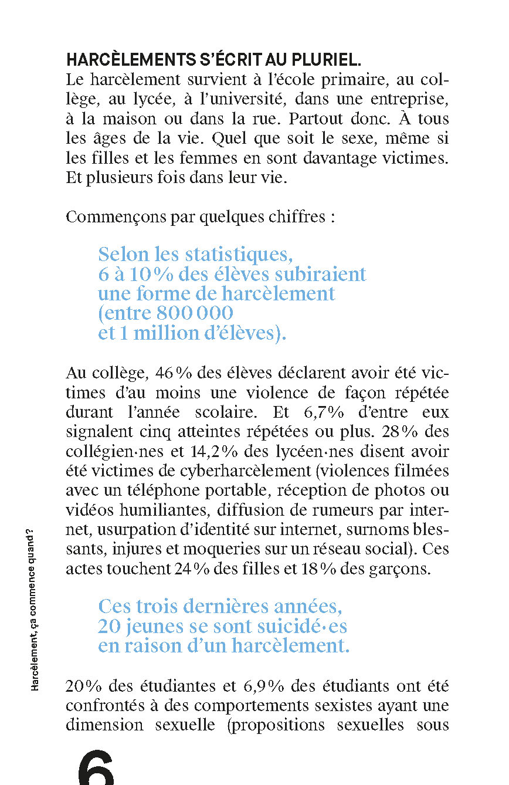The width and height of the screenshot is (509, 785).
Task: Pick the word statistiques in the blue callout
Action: click(x=237, y=255)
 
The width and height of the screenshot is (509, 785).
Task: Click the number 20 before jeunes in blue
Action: click(x=110, y=626)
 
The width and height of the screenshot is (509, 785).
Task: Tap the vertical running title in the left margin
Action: click(x=36, y=607)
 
